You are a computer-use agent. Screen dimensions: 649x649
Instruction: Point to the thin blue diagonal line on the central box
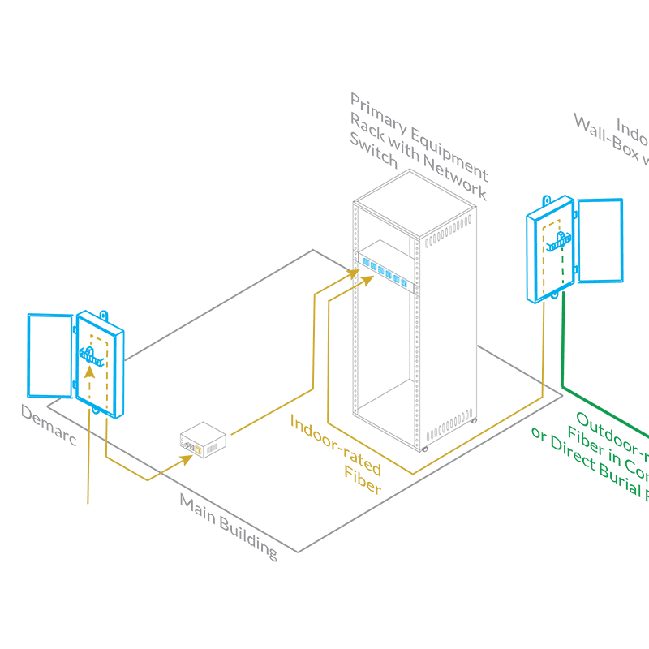[x=385, y=272]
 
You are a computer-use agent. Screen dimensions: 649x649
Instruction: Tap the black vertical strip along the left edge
[x=10, y=324]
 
